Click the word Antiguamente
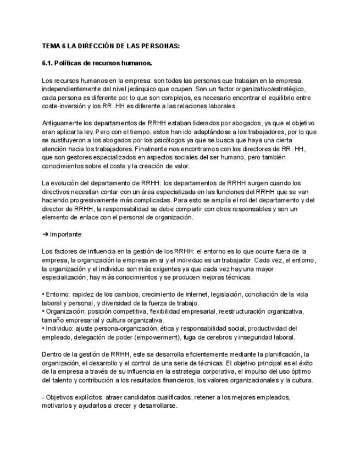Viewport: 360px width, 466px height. point(63,123)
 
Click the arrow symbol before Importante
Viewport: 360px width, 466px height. point(45,234)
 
